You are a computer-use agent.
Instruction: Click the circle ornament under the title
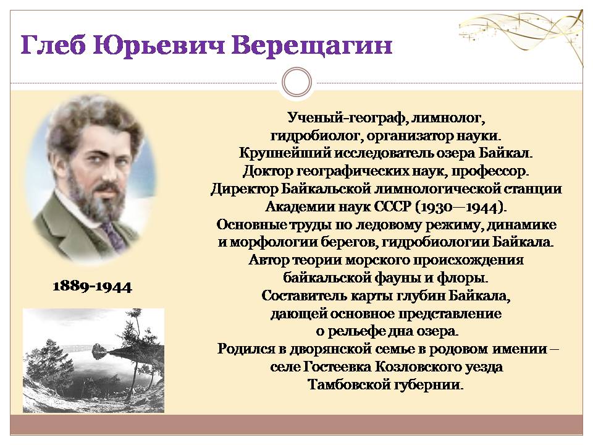click(x=297, y=82)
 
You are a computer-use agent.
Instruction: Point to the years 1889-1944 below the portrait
click(x=92, y=286)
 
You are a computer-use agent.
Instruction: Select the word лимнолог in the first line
click(x=449, y=118)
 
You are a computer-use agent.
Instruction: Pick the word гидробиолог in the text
click(x=316, y=136)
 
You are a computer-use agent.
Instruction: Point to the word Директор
click(x=245, y=189)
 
